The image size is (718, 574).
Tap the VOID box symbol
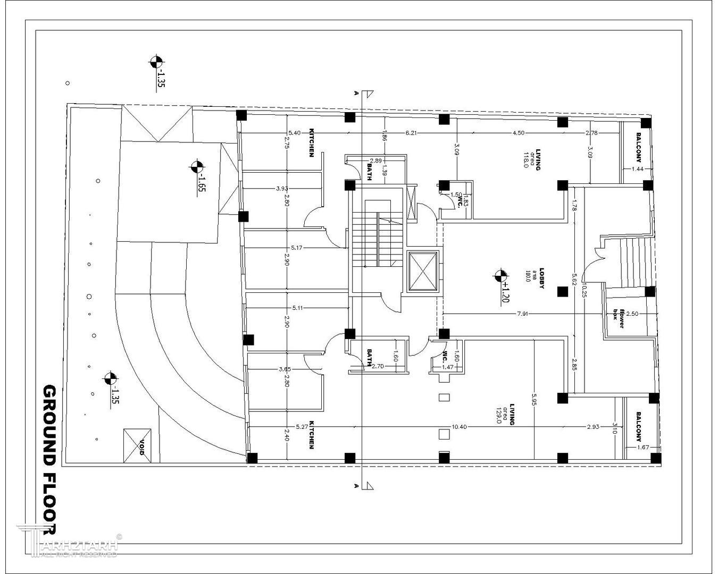click(x=137, y=445)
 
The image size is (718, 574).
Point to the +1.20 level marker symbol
click(x=500, y=275)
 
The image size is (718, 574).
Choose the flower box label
click(x=618, y=317)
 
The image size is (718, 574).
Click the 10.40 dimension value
click(x=459, y=427)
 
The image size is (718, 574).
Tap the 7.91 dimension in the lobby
click(x=522, y=314)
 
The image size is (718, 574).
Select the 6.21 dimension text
click(x=411, y=132)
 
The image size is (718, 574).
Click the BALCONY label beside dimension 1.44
click(x=638, y=152)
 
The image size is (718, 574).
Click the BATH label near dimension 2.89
click(x=369, y=172)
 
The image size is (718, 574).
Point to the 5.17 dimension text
click(x=297, y=248)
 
